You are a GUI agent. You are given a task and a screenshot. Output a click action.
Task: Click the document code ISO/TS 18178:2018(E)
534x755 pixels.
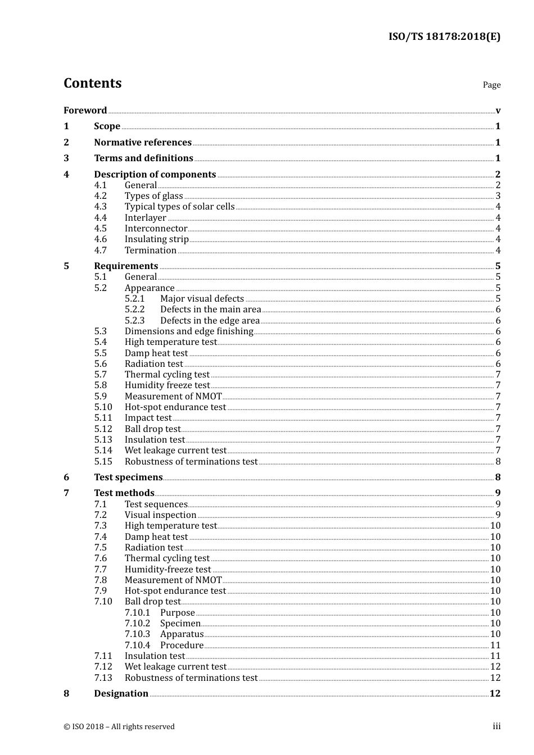pyautogui.click(x=444, y=37)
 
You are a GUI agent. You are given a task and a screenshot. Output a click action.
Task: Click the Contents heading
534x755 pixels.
pyautogui.click(x=92, y=83)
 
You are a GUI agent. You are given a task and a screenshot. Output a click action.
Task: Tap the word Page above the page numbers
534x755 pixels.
pyautogui.click(x=491, y=85)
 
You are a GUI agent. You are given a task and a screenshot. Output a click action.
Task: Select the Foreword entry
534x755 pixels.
pyautogui.click(x=85, y=110)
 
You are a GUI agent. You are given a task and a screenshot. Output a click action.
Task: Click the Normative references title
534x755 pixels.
pyautogui.click(x=143, y=143)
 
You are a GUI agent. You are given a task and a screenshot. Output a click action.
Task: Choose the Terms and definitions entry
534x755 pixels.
pyautogui.click(x=143, y=158)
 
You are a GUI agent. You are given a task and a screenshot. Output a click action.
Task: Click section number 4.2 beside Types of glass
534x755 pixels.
pyautogui.click(x=101, y=196)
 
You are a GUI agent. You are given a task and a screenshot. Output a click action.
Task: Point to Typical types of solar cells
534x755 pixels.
pyautogui.click(x=179, y=207)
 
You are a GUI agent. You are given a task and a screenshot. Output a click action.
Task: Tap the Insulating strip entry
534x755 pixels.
pyautogui.click(x=156, y=239)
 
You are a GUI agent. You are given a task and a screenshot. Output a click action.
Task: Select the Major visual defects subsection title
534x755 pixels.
pyautogui.click(x=202, y=299)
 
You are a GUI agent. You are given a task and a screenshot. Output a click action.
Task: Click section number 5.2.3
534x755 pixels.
pyautogui.click(x=135, y=321)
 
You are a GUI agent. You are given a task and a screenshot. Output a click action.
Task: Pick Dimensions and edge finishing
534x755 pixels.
pyautogui.click(x=189, y=331)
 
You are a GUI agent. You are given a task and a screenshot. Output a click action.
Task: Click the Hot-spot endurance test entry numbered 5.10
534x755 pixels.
pyautogui.click(x=175, y=407)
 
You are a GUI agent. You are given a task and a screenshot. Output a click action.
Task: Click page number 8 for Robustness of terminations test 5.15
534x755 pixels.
pyautogui.click(x=498, y=462)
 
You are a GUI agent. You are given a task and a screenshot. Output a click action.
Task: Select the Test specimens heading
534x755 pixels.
pyautogui.click(x=128, y=477)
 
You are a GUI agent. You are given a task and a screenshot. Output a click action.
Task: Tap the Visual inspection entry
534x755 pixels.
pyautogui.click(x=160, y=515)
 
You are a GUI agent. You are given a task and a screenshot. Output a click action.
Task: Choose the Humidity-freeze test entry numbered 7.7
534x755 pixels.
pyautogui.click(x=168, y=570)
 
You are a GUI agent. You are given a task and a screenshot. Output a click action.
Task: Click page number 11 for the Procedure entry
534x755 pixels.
pyautogui.click(x=495, y=645)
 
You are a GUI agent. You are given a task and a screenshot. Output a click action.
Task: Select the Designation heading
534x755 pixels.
pyautogui.click(x=121, y=694)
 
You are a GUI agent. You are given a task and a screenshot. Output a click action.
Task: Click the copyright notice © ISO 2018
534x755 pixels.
pyautogui.click(x=119, y=727)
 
